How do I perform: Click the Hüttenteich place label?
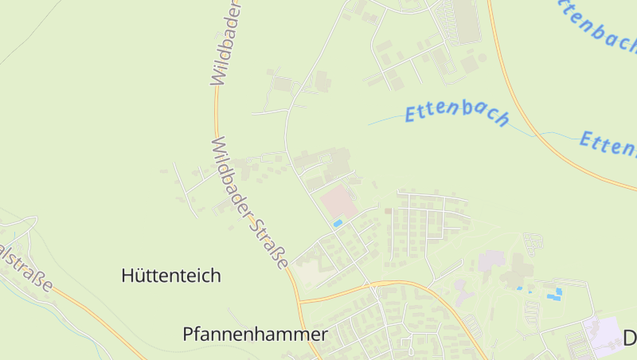coord(171,276)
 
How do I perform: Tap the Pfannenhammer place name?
coord(255,334)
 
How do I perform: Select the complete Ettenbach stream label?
coord(456,114)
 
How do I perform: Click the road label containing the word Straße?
coord(248,203)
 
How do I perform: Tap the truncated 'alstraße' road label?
coord(27,266)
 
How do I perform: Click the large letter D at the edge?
coord(629,338)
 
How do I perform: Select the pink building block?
coord(338,202)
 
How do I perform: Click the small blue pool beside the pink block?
coord(338,224)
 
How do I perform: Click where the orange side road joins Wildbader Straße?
coord(300,302)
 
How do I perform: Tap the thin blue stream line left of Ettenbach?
coord(386,120)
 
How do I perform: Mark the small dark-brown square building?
coord(388,211)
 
